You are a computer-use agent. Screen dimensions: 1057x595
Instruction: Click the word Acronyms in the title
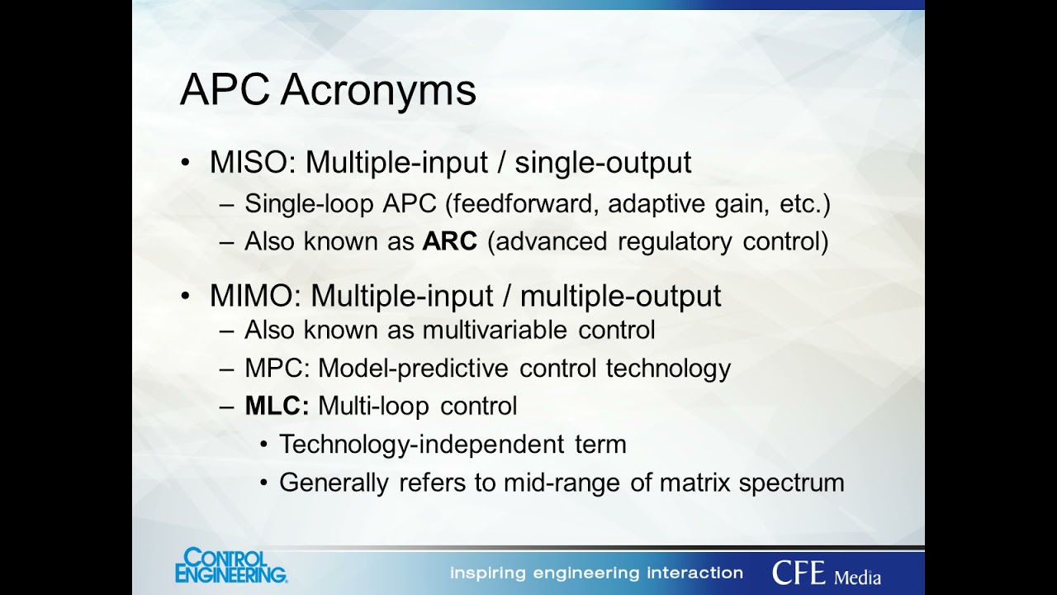(377, 90)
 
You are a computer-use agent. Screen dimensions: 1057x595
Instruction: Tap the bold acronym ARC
(450, 241)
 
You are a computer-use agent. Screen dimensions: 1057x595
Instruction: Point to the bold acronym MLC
(277, 406)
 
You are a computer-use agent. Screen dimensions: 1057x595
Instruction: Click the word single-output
(603, 162)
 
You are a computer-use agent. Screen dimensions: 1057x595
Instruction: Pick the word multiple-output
(621, 295)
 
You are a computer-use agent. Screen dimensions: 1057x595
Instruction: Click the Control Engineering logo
(230, 566)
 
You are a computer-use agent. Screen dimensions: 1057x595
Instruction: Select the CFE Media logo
(826, 573)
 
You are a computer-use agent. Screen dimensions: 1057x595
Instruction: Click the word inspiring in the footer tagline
(489, 573)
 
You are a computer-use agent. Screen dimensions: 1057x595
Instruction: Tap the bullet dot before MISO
(186, 163)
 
